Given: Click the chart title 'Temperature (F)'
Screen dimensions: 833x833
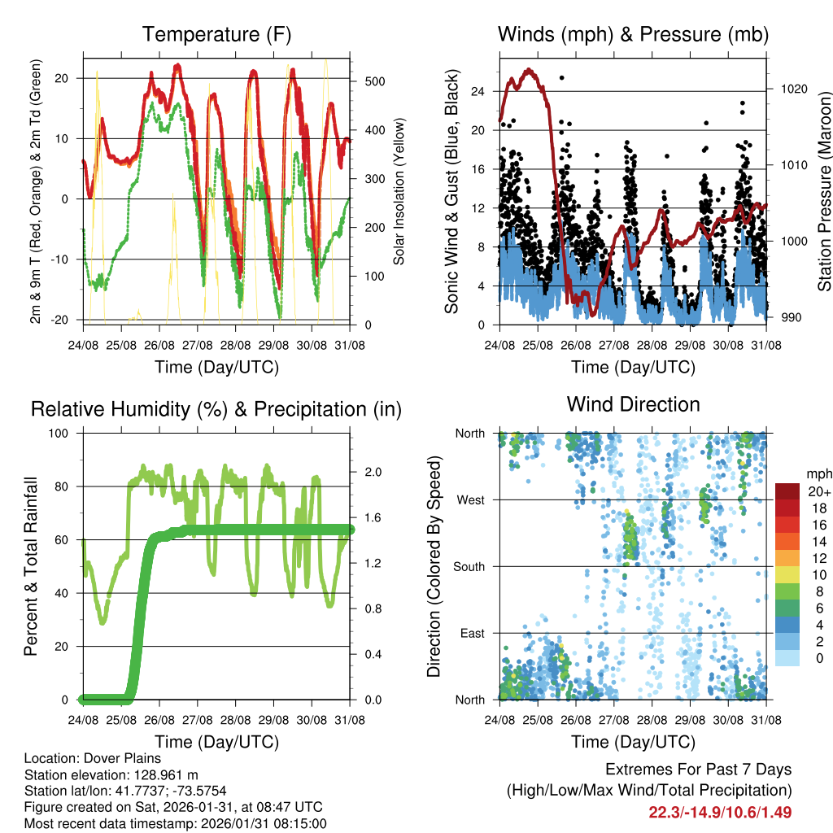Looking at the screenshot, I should (216, 34).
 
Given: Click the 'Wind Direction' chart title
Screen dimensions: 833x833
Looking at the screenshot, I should (633, 404).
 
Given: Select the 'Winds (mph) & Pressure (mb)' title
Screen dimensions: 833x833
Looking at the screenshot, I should (633, 34).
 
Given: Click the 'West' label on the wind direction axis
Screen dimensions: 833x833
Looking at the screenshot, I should (470, 500).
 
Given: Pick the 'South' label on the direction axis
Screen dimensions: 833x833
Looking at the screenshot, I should (469, 567).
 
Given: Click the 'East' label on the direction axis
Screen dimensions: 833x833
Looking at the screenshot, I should (472, 634).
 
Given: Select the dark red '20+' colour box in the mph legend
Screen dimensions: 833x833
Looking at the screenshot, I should (787, 491).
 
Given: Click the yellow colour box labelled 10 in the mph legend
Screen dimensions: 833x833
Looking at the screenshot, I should (787, 574).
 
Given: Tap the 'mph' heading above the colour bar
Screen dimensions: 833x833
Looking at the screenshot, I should (818, 474).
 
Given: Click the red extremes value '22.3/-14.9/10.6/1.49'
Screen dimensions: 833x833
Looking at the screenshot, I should (720, 813).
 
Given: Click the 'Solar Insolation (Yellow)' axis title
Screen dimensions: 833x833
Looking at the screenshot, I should (399, 191).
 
